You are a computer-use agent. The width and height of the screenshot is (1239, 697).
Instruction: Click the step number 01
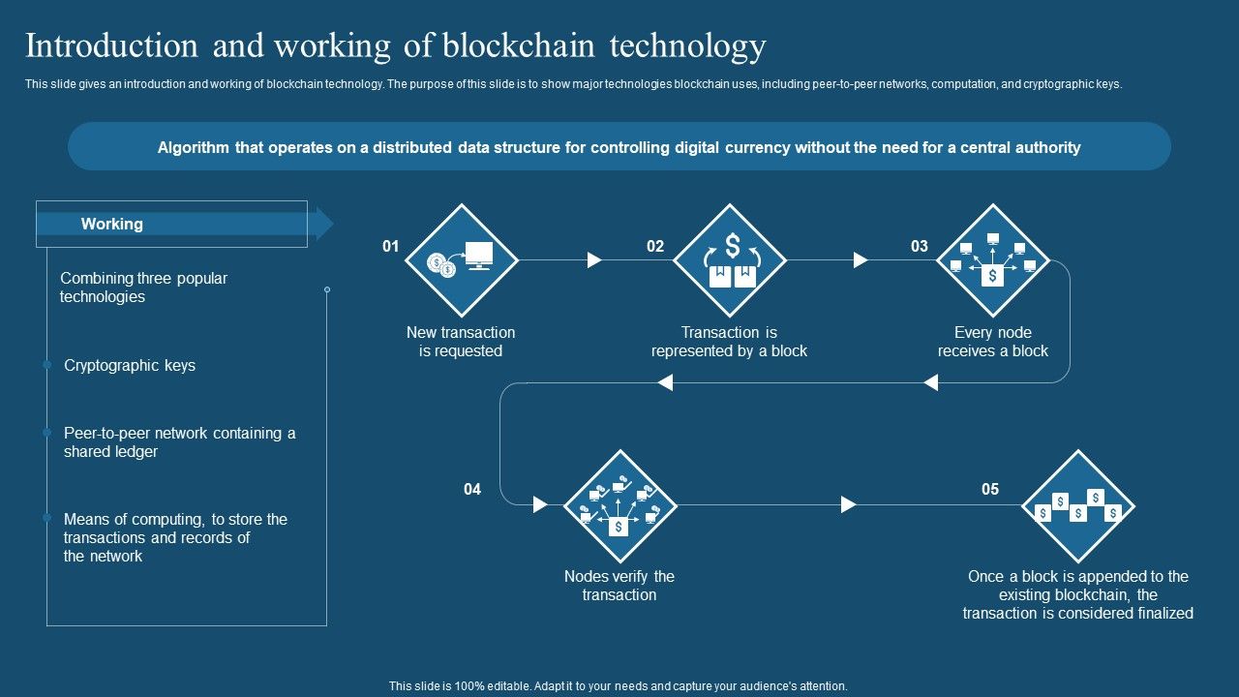click(x=390, y=246)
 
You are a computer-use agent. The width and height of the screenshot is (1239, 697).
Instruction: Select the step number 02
click(x=655, y=246)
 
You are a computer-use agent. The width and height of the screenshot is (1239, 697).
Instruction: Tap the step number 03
click(x=920, y=246)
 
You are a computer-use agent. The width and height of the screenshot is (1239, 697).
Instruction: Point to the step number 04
click(x=472, y=489)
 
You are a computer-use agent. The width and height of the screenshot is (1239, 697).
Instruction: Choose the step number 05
click(x=990, y=489)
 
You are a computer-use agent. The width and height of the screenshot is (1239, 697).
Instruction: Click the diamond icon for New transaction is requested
click(x=462, y=260)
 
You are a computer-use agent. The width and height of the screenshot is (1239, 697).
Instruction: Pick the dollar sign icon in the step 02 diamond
click(x=733, y=246)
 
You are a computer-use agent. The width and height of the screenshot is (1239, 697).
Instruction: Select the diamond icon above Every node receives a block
click(x=993, y=260)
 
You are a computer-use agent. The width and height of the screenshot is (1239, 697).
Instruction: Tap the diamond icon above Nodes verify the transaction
click(x=620, y=505)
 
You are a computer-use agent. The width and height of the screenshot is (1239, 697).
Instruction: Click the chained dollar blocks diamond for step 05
click(x=1078, y=505)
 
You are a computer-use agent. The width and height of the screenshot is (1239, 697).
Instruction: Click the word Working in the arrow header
click(x=112, y=224)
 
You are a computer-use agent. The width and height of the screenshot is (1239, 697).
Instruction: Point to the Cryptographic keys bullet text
click(x=130, y=366)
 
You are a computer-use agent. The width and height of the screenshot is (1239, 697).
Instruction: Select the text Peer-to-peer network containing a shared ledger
click(x=179, y=442)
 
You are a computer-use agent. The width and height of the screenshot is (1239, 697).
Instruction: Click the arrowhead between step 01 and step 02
click(x=594, y=260)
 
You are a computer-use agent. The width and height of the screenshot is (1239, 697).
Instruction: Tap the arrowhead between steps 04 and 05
click(x=849, y=504)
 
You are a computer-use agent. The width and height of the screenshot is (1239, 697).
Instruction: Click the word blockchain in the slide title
click(x=519, y=45)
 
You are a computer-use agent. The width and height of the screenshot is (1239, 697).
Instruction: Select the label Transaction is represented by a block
click(x=729, y=342)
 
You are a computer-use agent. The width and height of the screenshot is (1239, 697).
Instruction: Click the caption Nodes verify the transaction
click(x=619, y=586)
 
